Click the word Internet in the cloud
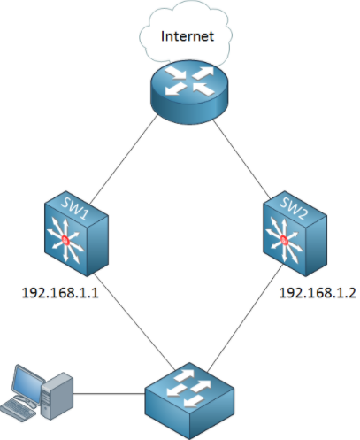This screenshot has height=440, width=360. point(188,36)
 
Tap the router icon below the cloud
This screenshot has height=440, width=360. point(189,91)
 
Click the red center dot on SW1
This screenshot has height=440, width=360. point(65,241)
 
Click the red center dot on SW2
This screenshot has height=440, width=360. point(284,240)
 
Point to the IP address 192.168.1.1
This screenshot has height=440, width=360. point(60,293)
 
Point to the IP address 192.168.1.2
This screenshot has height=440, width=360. point(318,293)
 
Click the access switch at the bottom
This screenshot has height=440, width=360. point(189,401)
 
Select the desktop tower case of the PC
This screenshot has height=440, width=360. point(57,396)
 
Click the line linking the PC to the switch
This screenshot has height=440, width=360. point(109,393)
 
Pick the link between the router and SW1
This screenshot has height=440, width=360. point(124,158)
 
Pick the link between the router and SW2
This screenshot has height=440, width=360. point(241,159)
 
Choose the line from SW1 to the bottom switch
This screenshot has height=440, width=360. point(134,321)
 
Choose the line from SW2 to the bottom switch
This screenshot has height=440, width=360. point(245,318)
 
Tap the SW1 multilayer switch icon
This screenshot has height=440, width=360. point(76,234)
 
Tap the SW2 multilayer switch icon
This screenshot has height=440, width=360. point(295,234)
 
